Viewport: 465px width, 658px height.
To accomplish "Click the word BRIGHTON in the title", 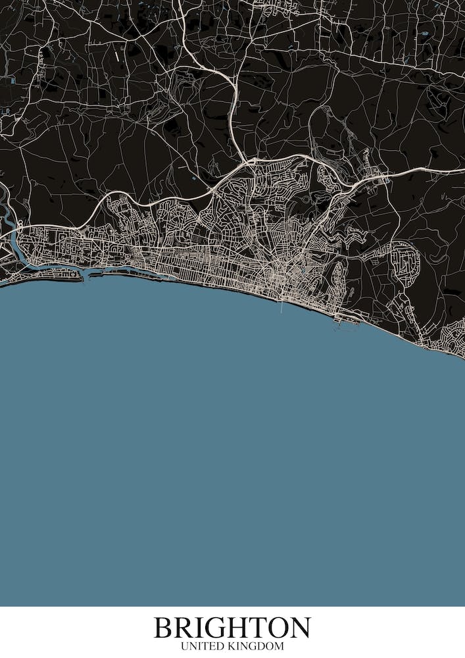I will tap(232, 628).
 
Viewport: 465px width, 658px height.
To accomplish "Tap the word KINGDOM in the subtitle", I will tap(256, 647).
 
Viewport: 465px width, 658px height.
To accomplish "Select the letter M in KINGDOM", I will tap(280, 647).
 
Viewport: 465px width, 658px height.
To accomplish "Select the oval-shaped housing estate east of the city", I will tap(403, 260).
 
